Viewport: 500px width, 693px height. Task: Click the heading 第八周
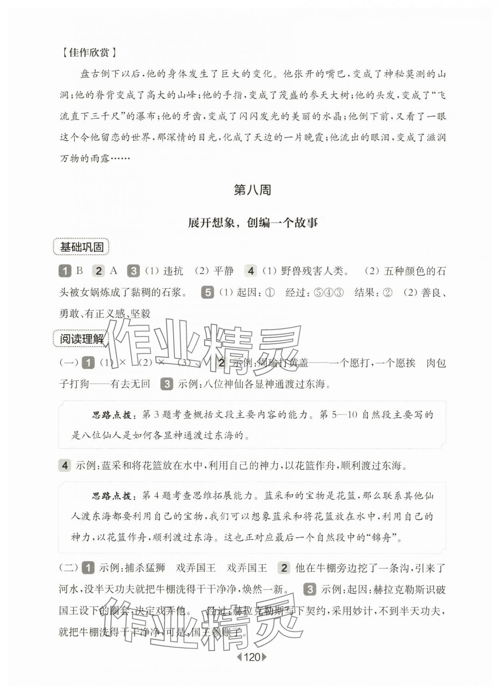tap(252, 190)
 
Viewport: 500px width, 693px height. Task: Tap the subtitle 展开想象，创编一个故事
tap(253, 223)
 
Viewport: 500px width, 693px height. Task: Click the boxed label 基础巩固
tap(82, 247)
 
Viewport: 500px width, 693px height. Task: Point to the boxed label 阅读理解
tap(82, 339)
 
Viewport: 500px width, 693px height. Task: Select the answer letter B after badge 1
tap(80, 271)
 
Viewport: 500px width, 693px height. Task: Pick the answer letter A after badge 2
tap(114, 271)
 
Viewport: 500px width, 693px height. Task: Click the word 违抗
tap(173, 271)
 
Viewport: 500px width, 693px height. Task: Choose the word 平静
tap(224, 271)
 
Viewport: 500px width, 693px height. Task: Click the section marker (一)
tap(69, 363)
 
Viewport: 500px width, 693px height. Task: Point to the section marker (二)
tap(69, 568)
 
